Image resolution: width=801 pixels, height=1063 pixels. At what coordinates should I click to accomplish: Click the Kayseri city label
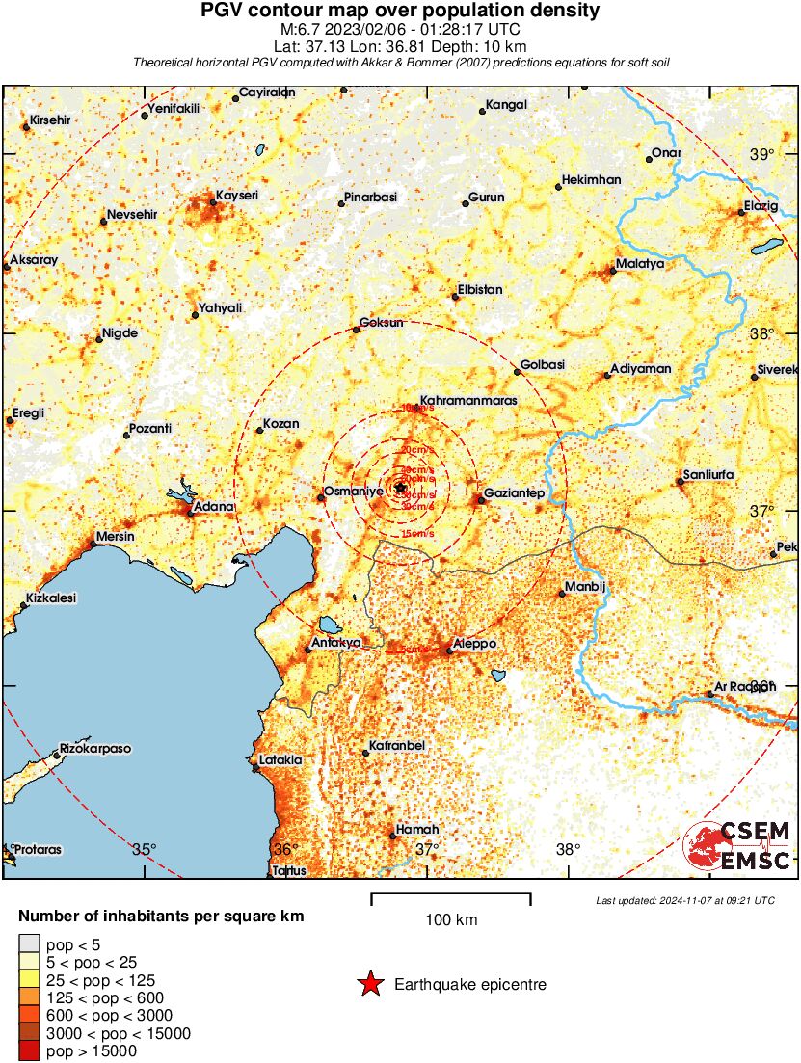(x=237, y=195)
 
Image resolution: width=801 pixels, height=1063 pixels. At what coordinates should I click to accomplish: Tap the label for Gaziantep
(x=516, y=493)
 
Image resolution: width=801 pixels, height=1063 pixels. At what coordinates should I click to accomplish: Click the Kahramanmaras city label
(x=469, y=399)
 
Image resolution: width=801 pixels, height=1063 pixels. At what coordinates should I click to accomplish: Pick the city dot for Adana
(x=191, y=513)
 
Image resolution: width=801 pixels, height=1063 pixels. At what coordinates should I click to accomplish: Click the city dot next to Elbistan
(x=456, y=297)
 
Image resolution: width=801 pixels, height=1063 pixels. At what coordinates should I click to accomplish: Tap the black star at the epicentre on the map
(x=401, y=488)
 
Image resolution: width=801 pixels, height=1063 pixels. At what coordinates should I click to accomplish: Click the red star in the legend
(x=369, y=984)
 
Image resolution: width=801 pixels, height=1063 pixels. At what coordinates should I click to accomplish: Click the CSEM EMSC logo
(x=738, y=845)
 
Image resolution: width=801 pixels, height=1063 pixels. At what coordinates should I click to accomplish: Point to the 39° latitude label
(x=762, y=155)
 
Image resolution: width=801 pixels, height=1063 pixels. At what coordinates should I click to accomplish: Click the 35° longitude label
(x=145, y=849)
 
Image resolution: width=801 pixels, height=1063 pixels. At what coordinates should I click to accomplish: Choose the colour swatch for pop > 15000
(x=30, y=1050)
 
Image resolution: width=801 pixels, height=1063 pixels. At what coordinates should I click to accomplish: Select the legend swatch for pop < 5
(x=30, y=944)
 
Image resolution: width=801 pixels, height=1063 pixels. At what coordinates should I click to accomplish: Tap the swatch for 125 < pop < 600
(x=30, y=997)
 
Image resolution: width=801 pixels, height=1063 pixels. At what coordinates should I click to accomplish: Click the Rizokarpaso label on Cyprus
(x=95, y=748)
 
